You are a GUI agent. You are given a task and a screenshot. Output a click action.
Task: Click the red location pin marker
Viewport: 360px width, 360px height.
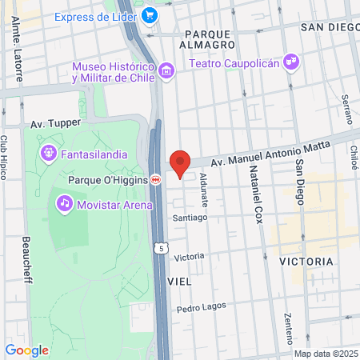tap(180, 162)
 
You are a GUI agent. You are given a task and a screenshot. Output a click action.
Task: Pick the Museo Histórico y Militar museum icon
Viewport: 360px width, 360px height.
tap(166, 72)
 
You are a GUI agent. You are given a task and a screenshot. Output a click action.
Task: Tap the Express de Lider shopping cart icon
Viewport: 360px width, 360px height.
tap(149, 14)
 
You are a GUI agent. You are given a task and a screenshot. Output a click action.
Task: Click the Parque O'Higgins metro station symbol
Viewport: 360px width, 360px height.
tap(157, 180)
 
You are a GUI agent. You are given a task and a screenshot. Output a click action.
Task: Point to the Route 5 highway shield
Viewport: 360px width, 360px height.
tap(162, 250)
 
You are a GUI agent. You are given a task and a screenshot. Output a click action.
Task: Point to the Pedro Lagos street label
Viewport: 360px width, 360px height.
tap(202, 307)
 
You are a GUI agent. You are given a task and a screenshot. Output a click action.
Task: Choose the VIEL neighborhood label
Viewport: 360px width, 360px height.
tap(180, 282)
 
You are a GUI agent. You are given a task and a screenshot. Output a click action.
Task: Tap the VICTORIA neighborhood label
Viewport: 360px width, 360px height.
tap(306, 262)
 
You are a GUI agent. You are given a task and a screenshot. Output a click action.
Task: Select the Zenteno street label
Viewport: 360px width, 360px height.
tap(288, 328)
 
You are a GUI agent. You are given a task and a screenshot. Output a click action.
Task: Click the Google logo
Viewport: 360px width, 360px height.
tap(26, 350)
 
